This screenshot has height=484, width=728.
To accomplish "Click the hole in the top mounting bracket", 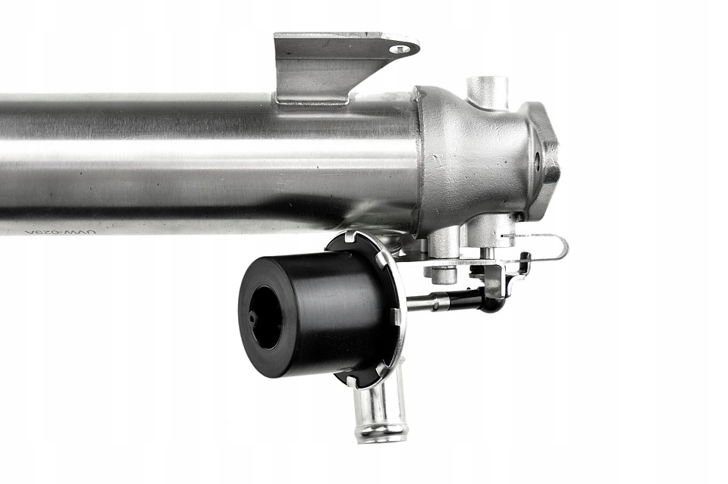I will [x=400, y=49].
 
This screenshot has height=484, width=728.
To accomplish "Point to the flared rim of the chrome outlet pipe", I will [x=381, y=436].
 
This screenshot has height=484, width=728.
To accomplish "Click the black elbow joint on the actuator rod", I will [x=489, y=301].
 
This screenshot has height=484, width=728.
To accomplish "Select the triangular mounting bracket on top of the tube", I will [x=334, y=64].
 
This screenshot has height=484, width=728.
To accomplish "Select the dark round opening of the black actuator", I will [x=266, y=317].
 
